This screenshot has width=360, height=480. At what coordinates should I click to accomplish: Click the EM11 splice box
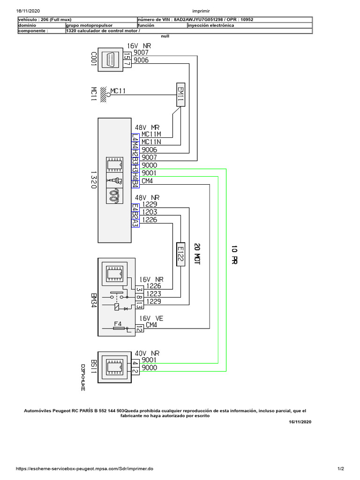tap(180, 96)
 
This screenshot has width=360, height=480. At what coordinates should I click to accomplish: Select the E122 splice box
tap(180, 255)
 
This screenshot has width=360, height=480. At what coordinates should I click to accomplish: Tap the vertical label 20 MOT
tap(197, 255)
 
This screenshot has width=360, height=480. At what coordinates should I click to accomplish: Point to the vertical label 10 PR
tap(234, 255)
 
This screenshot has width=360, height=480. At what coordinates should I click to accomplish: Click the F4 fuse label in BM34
tap(118, 324)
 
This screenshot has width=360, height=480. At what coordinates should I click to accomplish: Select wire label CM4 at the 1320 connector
tap(147, 181)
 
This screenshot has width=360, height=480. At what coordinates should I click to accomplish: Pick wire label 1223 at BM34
tap(154, 294)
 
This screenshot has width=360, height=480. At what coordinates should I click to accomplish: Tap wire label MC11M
tap(151, 134)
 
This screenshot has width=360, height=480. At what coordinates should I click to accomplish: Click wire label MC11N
tap(151, 142)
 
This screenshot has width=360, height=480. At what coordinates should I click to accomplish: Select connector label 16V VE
tap(150, 318)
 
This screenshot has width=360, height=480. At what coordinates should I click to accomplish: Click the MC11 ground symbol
tap(105, 94)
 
